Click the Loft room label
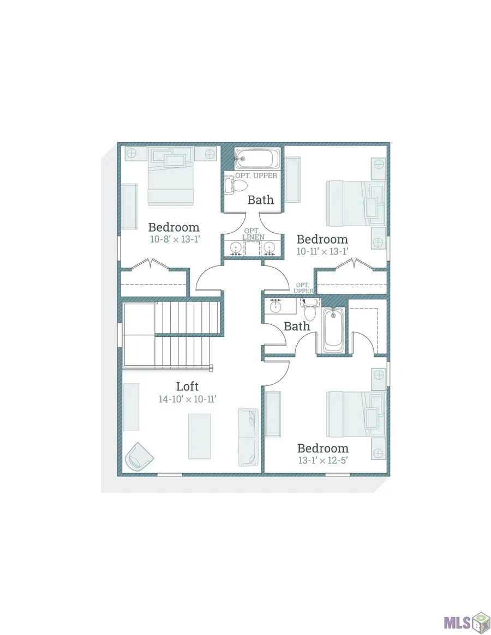click(187, 386)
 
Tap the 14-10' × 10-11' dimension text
click(187, 399)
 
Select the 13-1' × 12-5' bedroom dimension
click(323, 461)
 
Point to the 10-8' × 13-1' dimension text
click(175, 239)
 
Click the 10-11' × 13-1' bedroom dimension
click(322, 251)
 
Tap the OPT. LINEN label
click(254, 234)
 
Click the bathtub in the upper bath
click(258, 159)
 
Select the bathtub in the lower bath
click(334, 330)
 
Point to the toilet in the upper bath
click(236, 186)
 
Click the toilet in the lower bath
click(310, 310)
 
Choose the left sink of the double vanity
click(236, 247)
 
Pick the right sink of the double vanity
click(269, 247)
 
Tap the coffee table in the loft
click(200, 436)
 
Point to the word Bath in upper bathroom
click(261, 199)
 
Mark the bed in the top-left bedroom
click(171, 176)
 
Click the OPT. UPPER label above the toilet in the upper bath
click(256, 176)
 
